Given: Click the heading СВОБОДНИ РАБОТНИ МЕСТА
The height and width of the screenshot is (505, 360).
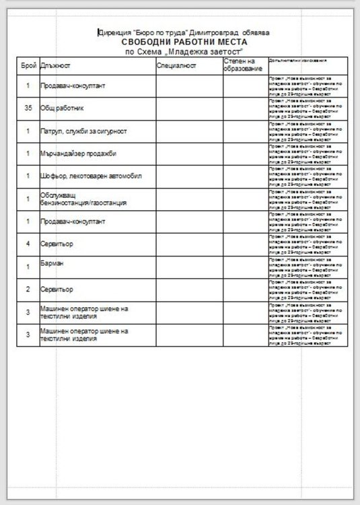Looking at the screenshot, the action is tap(184, 41).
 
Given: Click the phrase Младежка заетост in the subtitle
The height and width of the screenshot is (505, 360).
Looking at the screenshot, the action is tap(207, 50).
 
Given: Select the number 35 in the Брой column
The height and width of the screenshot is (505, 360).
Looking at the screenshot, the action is tap(28, 108).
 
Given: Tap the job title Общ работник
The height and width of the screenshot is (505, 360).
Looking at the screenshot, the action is tap(63, 108).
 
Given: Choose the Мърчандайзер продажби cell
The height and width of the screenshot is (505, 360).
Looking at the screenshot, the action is tap(78, 154).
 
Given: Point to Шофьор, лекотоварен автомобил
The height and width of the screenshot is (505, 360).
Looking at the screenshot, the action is tap(88, 176).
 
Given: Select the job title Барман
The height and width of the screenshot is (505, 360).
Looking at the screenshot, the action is tap(52, 265).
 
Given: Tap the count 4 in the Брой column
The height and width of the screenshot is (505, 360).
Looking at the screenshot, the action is tap(28, 243).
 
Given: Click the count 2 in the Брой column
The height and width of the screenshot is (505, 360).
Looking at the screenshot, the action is tap(28, 289).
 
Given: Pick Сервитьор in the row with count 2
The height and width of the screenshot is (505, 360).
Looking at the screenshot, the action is tap(57, 289).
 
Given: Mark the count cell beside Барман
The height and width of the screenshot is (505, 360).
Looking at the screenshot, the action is tap(28, 267).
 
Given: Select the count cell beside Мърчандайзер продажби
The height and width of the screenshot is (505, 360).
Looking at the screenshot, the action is tap(28, 154).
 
